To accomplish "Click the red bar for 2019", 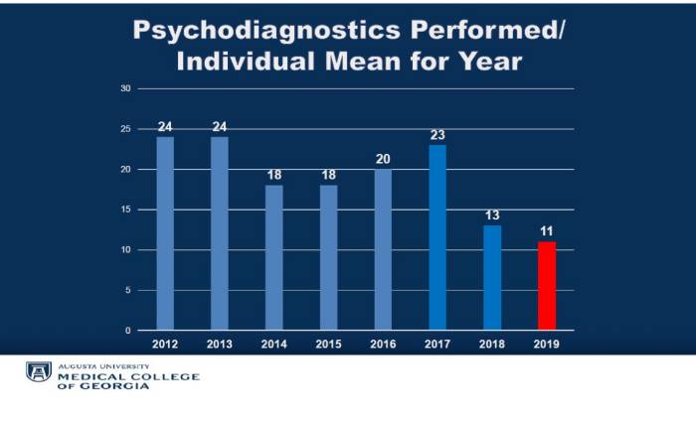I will [546, 285].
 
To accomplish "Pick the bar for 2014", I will [273, 257].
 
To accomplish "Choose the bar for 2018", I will [492, 277].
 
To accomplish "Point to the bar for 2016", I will [383, 249].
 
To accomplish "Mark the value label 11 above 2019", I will [546, 232].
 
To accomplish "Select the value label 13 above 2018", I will [492, 215].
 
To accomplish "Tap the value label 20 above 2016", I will [383, 159].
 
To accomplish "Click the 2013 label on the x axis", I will [220, 344].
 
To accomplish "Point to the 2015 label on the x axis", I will [328, 344].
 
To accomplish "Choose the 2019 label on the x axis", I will [546, 344].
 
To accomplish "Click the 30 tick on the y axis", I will [125, 88].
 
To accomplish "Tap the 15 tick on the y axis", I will [125, 210].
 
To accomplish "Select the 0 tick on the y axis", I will [128, 331].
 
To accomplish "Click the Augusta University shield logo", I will [39, 373].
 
